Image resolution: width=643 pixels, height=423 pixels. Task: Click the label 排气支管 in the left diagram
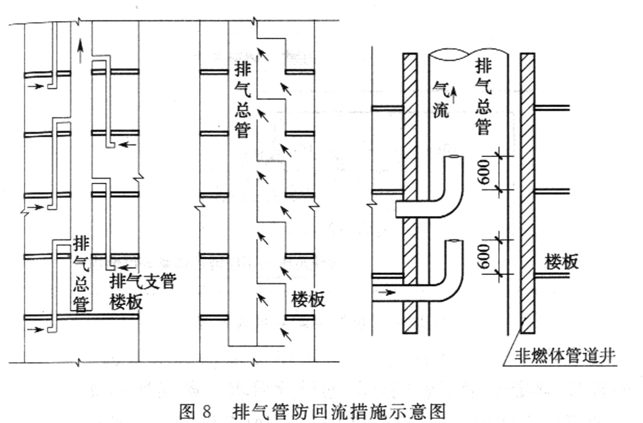pyautogui.click(x=143, y=282)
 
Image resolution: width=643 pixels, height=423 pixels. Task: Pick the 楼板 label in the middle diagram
pyautogui.click(x=308, y=300)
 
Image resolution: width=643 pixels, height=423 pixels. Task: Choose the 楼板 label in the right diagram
pyautogui.click(x=562, y=261)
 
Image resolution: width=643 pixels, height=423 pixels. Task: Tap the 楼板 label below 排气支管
pyautogui.click(x=126, y=303)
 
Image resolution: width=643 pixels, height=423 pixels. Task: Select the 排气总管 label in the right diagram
pyautogui.click(x=484, y=97)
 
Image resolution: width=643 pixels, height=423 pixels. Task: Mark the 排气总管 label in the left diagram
pyautogui.click(x=82, y=275)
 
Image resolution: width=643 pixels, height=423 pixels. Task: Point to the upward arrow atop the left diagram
pyautogui.click(x=80, y=51)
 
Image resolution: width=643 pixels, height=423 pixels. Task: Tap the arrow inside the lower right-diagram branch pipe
pyautogui.click(x=387, y=292)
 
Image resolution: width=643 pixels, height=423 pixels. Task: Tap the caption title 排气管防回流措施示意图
pyautogui.click(x=339, y=411)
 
